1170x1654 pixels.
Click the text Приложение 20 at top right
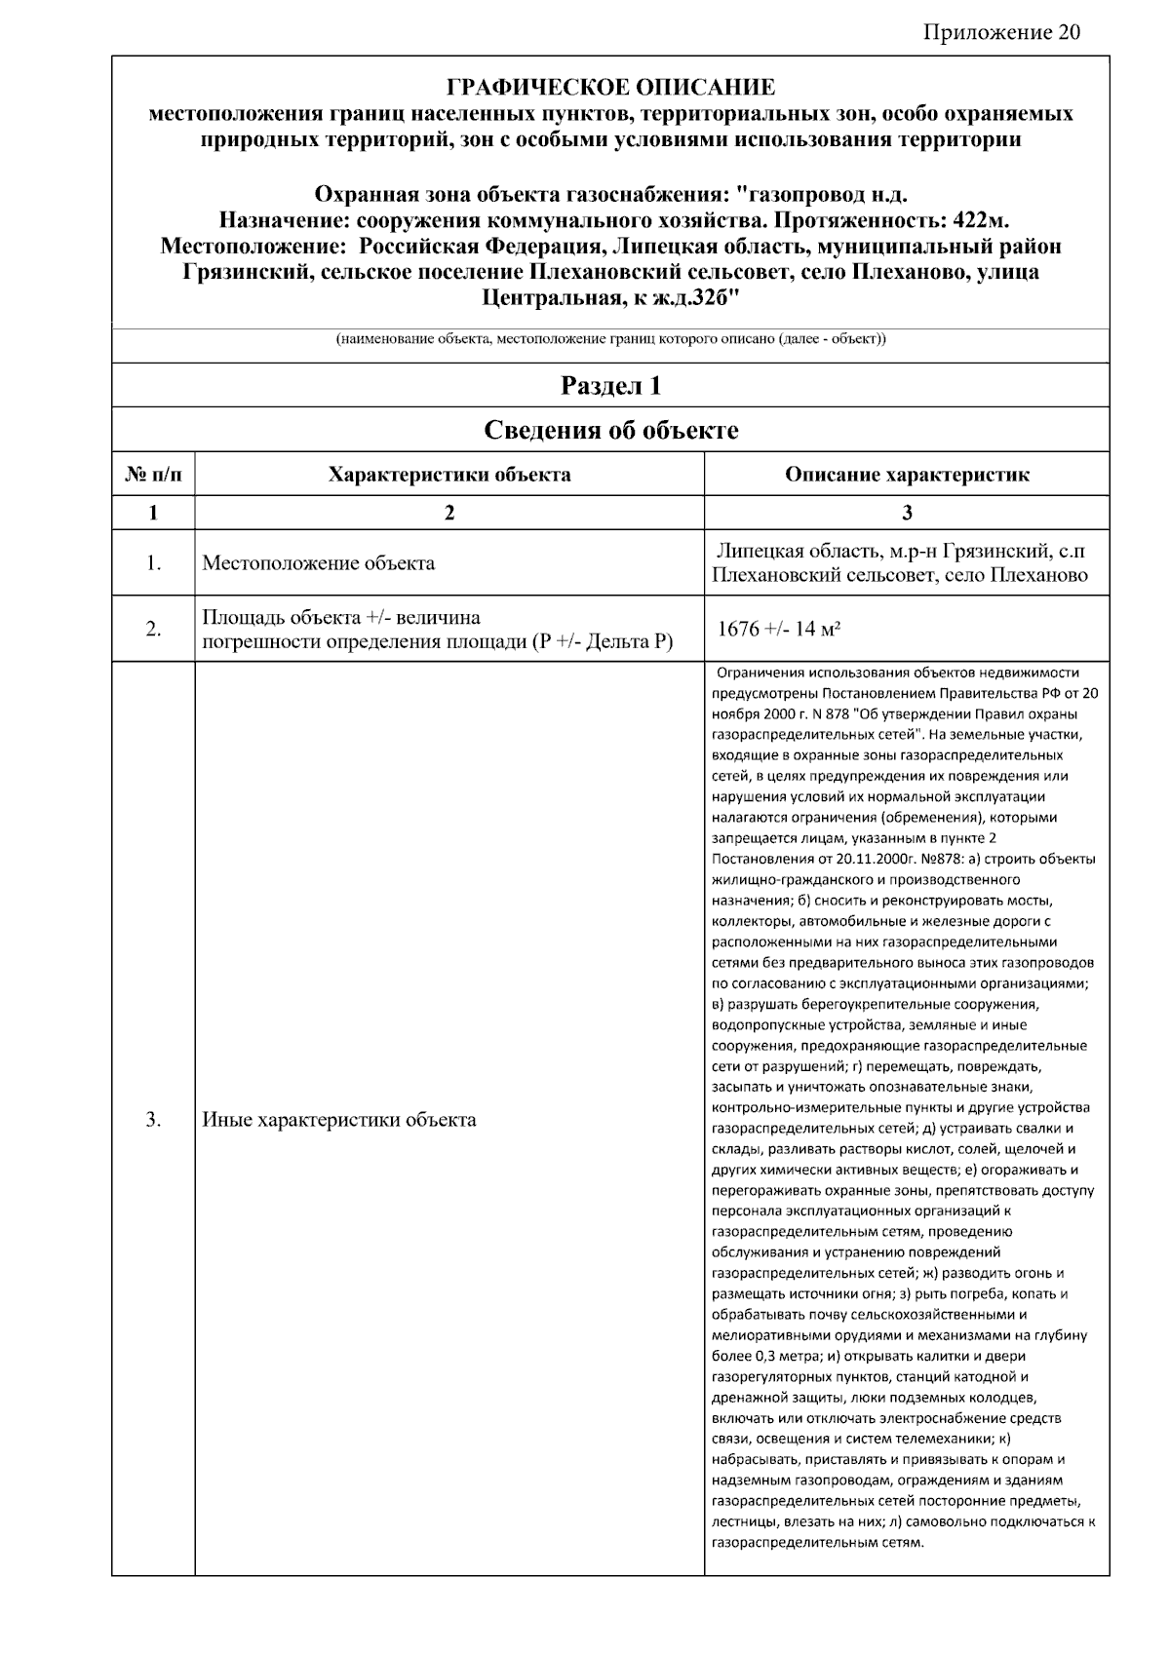1001,33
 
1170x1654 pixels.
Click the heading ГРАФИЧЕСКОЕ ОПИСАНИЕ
610,88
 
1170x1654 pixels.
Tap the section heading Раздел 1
610,386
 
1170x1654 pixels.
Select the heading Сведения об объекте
610,430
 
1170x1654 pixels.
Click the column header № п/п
154,475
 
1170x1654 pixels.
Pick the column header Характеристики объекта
449,475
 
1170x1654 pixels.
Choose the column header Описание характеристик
907,475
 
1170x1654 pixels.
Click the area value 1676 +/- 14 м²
779,629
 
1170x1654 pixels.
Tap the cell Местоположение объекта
319,563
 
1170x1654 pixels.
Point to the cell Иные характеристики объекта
339,1119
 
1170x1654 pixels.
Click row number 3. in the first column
154,1119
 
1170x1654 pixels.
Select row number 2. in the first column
154,629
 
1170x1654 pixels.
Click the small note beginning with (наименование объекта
610,340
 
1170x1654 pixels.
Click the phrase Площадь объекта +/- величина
341,617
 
